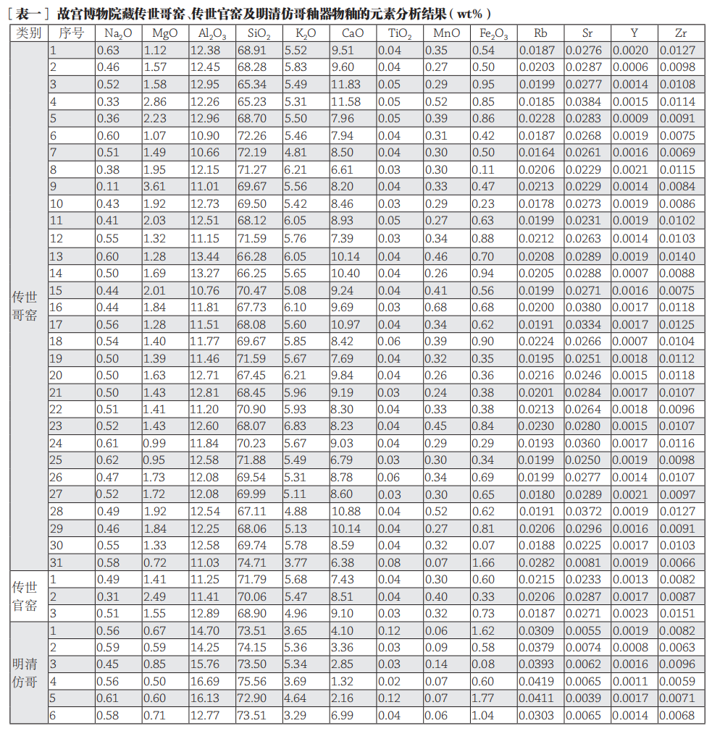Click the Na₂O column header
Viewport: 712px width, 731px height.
point(118,33)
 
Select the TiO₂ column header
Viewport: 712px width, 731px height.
point(400,33)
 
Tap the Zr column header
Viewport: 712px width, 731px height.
point(680,33)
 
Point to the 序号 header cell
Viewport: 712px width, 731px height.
point(71,33)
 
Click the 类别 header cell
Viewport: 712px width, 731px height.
point(29,33)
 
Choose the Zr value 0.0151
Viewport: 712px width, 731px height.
point(680,613)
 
